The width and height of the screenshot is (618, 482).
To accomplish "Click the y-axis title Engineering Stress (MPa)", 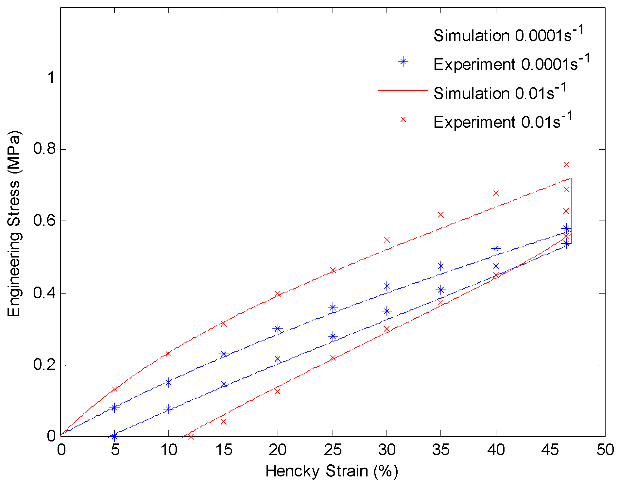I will (14, 224).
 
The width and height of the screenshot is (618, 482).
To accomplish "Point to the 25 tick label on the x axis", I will (333, 450).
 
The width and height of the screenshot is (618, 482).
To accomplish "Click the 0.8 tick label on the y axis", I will (44, 149).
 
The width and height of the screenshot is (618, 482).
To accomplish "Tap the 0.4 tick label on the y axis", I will (44, 293).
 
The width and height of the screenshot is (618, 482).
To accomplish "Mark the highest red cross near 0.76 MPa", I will (566, 164).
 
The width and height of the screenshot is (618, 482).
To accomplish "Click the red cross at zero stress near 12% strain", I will (191, 436).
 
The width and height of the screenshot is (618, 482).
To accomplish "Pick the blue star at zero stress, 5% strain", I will (114, 436).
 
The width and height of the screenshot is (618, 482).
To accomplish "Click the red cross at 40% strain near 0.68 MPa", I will (496, 193).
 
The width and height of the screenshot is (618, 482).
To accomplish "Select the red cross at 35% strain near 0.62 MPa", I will (440, 215).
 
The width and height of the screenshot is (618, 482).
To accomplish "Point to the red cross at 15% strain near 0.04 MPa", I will (224, 422).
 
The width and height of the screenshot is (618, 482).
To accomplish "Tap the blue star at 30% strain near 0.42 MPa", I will (387, 286).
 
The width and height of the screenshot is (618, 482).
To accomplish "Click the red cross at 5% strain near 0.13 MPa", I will (114, 389).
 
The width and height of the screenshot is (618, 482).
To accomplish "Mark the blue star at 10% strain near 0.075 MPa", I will (168, 409).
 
